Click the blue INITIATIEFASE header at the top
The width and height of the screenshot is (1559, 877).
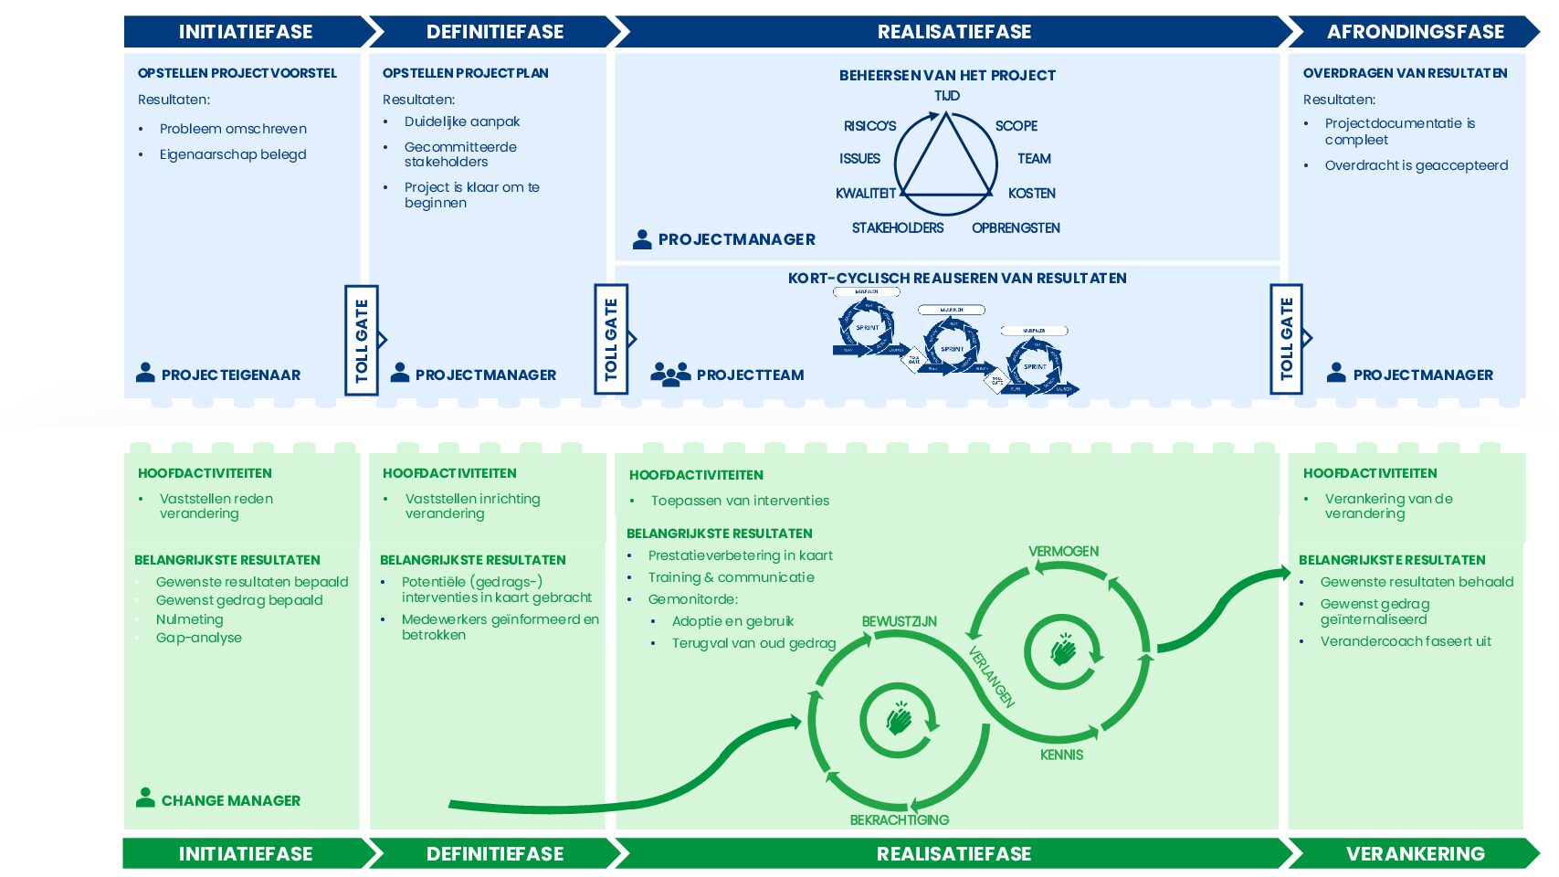click(245, 32)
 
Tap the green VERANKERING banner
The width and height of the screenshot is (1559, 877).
click(1415, 853)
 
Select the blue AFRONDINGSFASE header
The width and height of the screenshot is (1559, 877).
click(1415, 32)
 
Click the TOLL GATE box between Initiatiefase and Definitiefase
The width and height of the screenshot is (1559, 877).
click(362, 340)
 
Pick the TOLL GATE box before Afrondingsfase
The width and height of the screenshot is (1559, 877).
click(1286, 339)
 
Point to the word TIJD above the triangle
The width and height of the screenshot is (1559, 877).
click(947, 96)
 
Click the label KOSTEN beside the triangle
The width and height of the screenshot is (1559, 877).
click(1031, 194)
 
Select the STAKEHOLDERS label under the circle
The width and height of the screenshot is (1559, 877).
click(898, 228)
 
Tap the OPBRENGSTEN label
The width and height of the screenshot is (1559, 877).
click(1016, 228)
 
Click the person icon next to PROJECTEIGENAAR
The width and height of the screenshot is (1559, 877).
click(145, 373)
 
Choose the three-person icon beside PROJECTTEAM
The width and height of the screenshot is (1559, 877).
click(670, 374)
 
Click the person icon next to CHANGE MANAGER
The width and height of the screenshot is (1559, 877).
click(145, 798)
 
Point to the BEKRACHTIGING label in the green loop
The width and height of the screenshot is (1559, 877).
click(899, 820)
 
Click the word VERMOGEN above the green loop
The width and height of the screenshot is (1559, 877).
click(1063, 552)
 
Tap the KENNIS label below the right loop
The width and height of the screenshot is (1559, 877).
click(1061, 755)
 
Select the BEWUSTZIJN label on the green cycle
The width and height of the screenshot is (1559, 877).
click(899, 622)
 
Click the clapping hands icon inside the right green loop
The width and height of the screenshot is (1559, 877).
click(1062, 650)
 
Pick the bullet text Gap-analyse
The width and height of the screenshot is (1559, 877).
click(199, 638)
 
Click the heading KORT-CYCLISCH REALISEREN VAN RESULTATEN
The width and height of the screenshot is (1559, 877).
click(957, 279)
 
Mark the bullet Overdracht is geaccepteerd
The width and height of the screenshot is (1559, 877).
click(1416, 165)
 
